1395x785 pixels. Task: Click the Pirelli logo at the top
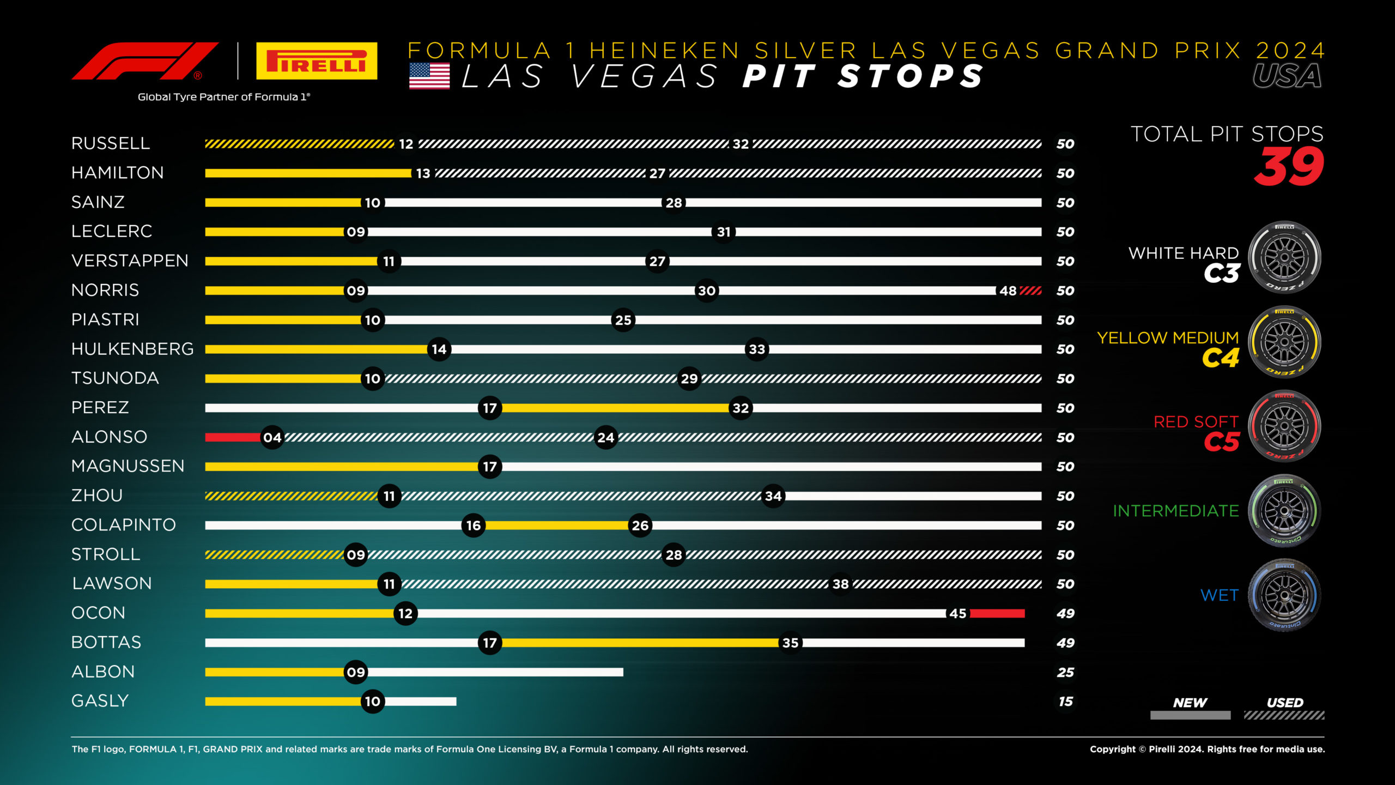point(317,61)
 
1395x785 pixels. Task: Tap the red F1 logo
point(145,61)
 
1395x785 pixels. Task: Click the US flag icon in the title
point(429,76)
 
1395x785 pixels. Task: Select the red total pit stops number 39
point(1289,167)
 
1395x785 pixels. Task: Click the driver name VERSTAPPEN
point(130,261)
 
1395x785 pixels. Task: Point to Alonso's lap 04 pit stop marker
point(272,437)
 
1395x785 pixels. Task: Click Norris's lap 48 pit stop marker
point(1008,291)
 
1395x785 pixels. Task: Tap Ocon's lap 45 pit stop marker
point(957,613)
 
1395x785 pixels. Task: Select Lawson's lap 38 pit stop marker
point(840,584)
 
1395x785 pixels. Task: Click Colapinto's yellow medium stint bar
point(556,526)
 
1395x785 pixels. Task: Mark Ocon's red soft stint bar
point(997,613)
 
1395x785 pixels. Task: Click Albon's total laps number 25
point(1065,672)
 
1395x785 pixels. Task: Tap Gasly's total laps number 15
point(1065,702)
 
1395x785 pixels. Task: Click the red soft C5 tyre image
point(1284,426)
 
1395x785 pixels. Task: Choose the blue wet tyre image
point(1284,595)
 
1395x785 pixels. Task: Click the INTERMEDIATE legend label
point(1175,511)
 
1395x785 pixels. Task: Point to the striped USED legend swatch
point(1284,715)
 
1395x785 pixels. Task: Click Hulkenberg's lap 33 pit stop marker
point(756,349)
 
